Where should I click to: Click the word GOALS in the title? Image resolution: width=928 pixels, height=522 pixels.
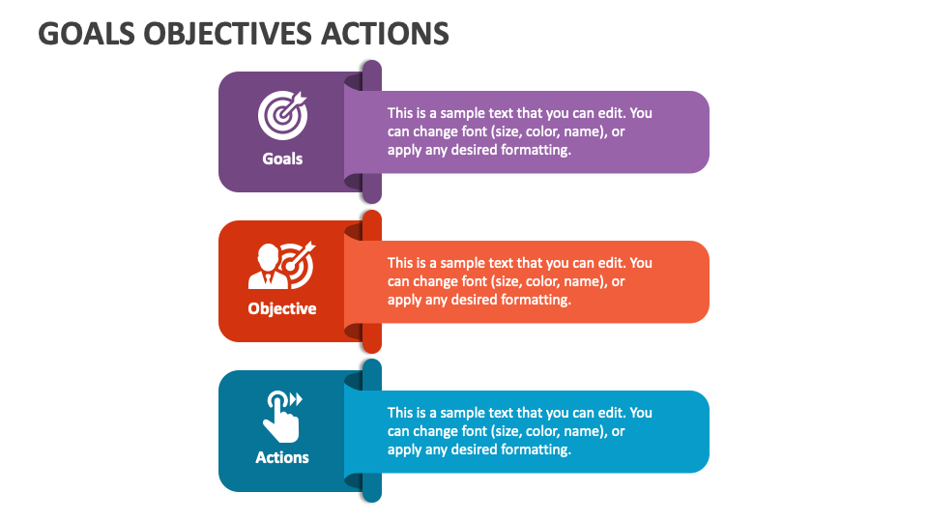(x=87, y=34)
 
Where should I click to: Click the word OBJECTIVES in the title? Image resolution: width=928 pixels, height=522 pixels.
(x=228, y=34)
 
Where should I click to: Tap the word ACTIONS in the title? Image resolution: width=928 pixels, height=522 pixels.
(x=386, y=34)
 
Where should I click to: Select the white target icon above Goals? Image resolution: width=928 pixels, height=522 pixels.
(x=283, y=115)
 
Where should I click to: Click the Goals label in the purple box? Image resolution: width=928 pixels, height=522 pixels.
(x=282, y=159)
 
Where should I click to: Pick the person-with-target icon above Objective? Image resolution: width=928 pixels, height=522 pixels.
(x=281, y=265)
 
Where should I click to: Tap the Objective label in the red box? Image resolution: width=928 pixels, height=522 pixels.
(x=282, y=308)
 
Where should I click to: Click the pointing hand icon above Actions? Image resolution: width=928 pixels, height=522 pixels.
(x=282, y=417)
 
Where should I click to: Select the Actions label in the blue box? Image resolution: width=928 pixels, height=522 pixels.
(x=282, y=457)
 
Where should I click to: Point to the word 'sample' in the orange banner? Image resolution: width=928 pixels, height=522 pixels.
(x=462, y=263)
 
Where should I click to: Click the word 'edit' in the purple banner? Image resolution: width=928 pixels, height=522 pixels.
(x=611, y=113)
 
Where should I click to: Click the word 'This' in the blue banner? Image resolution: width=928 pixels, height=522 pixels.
(x=400, y=413)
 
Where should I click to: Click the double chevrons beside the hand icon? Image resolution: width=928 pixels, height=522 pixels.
(x=296, y=399)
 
